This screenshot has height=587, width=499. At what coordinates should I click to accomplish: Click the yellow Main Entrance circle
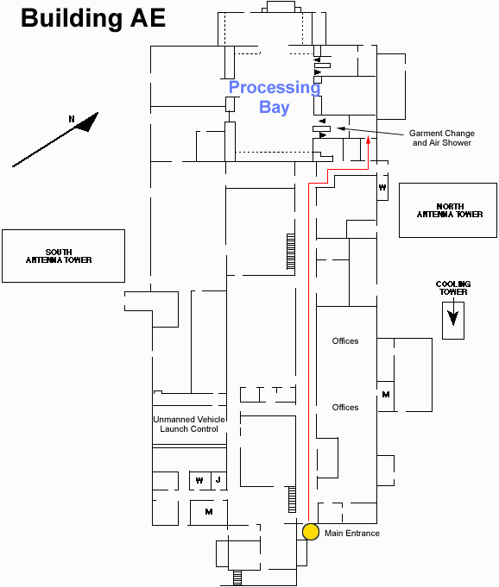click(311, 532)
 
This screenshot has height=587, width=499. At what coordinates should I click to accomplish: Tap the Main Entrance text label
click(352, 533)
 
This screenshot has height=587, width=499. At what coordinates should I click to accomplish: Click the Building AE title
click(93, 18)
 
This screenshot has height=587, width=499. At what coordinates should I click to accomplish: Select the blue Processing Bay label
click(275, 97)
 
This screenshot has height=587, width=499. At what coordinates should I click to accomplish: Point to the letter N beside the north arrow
click(72, 119)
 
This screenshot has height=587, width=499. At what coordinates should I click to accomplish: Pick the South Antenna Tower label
click(59, 256)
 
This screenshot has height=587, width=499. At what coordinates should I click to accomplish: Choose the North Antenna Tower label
click(450, 210)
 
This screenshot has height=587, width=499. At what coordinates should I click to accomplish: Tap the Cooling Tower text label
click(453, 288)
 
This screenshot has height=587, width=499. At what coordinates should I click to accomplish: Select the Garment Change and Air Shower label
click(442, 138)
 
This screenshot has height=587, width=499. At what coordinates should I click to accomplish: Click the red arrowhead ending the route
click(368, 140)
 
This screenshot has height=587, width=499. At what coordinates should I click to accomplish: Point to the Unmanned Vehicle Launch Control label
click(189, 424)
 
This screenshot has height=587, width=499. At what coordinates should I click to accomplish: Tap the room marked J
click(218, 480)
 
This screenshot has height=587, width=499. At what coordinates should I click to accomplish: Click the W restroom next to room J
click(200, 480)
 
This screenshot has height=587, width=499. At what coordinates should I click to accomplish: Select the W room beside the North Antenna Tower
click(382, 187)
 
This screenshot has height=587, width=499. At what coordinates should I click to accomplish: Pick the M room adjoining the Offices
click(386, 395)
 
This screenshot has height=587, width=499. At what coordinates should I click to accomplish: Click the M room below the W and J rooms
click(209, 512)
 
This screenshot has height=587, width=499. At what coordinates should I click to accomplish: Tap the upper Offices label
click(345, 341)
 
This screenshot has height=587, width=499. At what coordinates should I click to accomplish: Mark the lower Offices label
click(345, 408)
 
